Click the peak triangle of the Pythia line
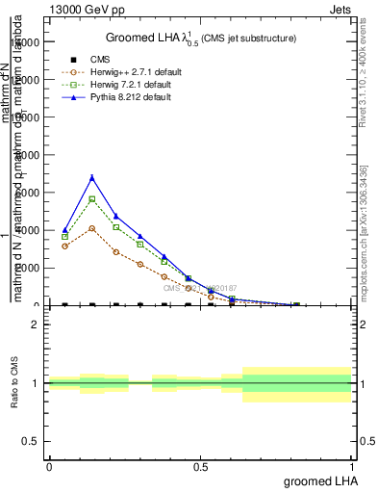[x=92, y=177]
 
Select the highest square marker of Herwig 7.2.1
[x=92, y=199]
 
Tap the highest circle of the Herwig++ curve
[x=92, y=228]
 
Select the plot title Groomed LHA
[x=200, y=38]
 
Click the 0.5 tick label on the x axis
[x=201, y=467]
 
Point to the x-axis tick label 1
[x=352, y=467]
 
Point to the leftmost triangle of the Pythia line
[x=64, y=230]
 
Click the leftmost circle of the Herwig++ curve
[x=64, y=246]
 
